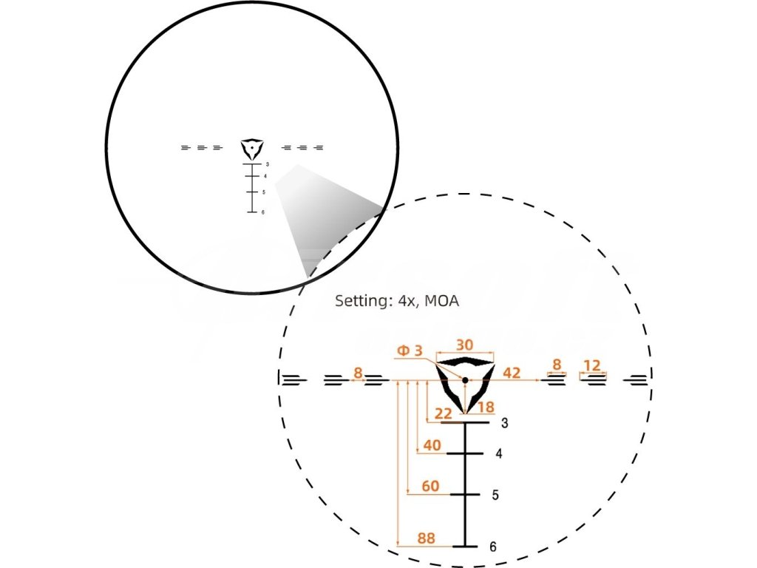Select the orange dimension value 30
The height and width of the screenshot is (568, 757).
[x=465, y=345]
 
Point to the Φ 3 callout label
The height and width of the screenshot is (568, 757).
[x=410, y=351]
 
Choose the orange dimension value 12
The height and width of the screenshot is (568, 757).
[x=592, y=365]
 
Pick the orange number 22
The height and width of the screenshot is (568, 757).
[x=444, y=413]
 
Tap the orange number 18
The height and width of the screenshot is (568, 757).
[x=486, y=408]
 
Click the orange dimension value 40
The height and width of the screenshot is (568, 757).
[x=432, y=445]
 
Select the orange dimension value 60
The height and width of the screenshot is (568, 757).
[x=430, y=486]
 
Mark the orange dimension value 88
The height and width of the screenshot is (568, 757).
[x=426, y=538]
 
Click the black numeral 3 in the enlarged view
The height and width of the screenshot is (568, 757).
[x=504, y=424]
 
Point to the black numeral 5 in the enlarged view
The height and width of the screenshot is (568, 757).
[x=495, y=494]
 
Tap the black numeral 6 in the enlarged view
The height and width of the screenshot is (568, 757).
[x=493, y=547]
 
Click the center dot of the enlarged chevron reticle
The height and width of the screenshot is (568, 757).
[x=465, y=381]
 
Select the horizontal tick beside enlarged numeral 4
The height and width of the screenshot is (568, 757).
[x=465, y=453]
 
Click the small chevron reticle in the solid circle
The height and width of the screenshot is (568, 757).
[x=252, y=148]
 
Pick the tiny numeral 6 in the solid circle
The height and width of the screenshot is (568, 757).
[x=262, y=212]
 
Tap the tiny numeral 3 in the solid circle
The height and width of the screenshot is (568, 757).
[x=267, y=165]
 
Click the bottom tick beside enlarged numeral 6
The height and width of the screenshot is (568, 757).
[x=466, y=547]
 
